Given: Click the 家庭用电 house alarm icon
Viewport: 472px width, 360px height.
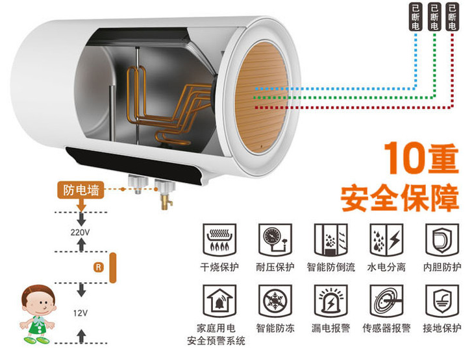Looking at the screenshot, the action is [x=219, y=301].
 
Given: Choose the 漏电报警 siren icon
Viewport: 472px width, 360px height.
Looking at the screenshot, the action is [x=329, y=301].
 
